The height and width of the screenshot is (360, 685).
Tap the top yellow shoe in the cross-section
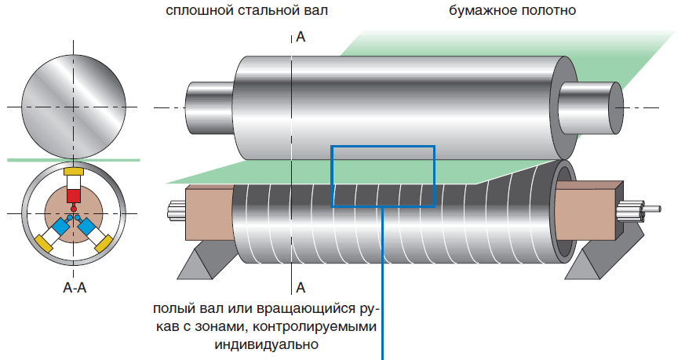pos(73,172)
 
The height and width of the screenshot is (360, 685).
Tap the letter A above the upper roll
pos(301,36)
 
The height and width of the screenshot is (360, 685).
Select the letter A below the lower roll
pos(301,286)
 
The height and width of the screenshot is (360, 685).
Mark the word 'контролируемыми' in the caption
pos(326,325)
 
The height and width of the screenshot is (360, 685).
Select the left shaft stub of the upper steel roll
pos(208,106)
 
